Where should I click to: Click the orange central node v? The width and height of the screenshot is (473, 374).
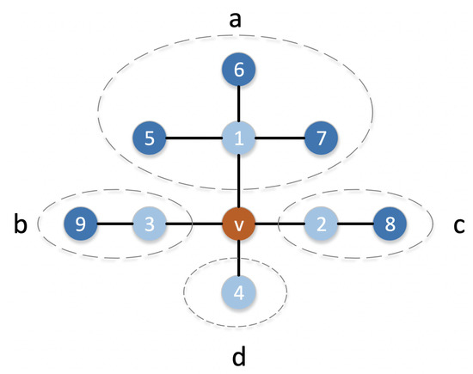coord(238,226)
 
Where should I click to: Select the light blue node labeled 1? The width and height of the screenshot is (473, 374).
coord(238,138)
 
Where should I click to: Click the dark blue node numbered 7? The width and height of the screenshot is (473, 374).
coord(322,138)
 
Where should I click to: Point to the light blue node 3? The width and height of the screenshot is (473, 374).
coord(148,226)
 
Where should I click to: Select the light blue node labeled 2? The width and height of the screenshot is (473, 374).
coord(322,226)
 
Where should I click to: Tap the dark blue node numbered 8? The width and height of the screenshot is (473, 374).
coord(389,226)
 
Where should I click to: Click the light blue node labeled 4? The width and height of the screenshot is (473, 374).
coord(238,292)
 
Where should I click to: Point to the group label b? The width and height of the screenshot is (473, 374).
coord(20,225)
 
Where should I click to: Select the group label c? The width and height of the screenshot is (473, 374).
coord(458,226)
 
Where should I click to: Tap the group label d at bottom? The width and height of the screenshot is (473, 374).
coord(238,353)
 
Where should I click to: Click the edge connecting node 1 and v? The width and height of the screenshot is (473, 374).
coord(238,182)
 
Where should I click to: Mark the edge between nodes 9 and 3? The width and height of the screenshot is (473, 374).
coord(115,226)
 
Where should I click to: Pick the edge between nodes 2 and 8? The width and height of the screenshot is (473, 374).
coord(355,226)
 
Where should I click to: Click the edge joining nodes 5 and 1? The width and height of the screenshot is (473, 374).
coord(194,138)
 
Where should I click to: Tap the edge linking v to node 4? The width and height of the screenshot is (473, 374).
coord(238,259)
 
